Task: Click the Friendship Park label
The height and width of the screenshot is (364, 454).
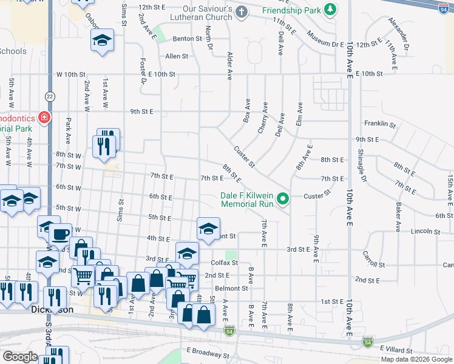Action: (291, 10)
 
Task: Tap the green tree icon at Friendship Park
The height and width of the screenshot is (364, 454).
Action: (330, 10)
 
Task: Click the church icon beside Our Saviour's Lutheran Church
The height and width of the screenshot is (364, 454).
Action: (242, 11)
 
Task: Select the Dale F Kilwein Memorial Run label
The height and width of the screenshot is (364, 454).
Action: (246, 199)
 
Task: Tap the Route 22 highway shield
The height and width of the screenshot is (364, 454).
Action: (50, 96)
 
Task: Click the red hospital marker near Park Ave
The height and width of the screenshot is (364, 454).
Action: (44, 116)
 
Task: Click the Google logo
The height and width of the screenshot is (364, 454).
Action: (20, 357)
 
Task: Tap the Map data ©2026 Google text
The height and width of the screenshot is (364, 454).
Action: (416, 359)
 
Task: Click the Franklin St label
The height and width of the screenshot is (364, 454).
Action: (380, 124)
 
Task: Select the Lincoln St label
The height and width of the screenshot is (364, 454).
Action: (425, 231)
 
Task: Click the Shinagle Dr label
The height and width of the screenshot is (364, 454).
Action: (362, 164)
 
